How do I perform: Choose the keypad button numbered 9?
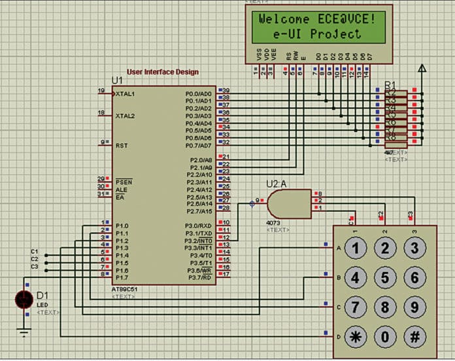414,307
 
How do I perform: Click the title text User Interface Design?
163,72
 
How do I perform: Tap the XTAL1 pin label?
126,94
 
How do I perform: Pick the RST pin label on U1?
122,145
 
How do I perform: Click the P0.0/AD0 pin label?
198,94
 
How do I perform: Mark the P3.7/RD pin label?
199,277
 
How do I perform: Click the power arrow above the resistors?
422,67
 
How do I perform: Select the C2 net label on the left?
35,259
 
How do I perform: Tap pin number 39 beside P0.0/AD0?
226,90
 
